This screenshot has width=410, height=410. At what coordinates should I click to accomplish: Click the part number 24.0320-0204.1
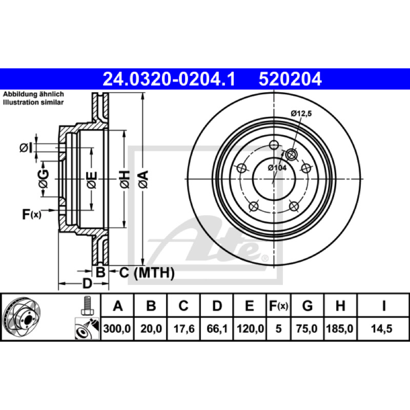point(169,79)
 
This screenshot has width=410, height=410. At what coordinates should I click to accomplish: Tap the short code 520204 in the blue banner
point(290,79)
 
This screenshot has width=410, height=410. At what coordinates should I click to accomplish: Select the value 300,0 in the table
point(117,329)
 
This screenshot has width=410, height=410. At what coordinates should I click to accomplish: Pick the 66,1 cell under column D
point(217,329)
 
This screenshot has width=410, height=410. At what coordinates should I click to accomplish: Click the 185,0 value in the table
point(340,329)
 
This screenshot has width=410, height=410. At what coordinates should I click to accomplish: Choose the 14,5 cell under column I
point(381,329)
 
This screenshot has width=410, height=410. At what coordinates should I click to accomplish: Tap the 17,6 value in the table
point(184,329)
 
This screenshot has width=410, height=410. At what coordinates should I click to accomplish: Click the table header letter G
point(307,305)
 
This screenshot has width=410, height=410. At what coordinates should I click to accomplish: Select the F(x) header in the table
point(278,305)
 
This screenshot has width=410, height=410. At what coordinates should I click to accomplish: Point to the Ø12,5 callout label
point(301,113)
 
